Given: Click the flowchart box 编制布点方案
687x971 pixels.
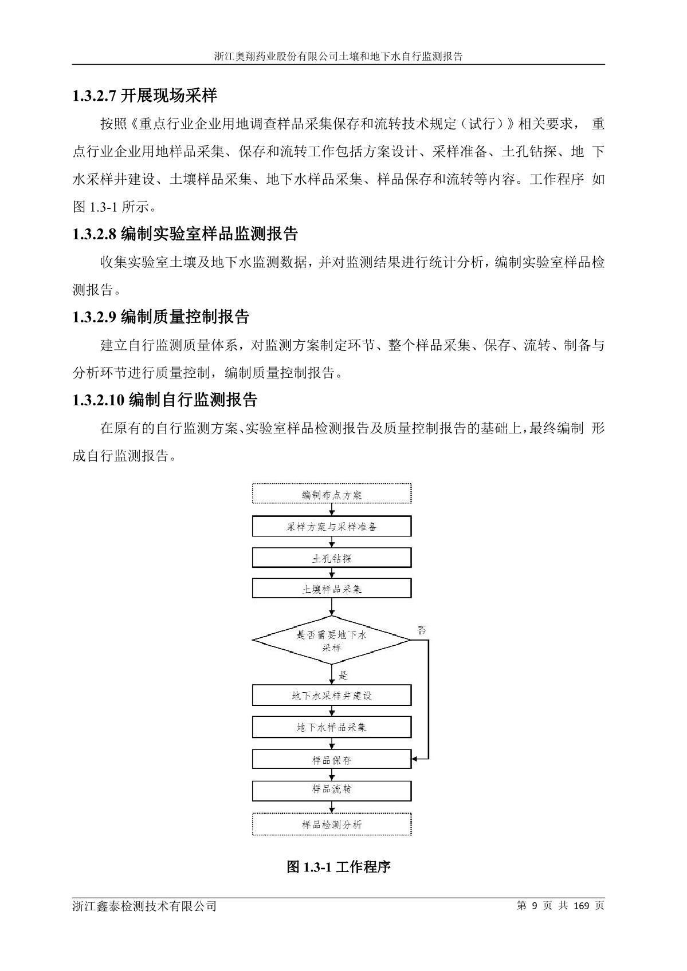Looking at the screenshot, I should click(x=332, y=494).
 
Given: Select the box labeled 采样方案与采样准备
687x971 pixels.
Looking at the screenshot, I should click(x=332, y=527).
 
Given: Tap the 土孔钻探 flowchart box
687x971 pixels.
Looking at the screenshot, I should click(x=332, y=558).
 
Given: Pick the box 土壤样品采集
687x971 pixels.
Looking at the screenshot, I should click(x=332, y=589).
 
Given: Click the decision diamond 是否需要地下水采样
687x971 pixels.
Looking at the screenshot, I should click(x=332, y=641).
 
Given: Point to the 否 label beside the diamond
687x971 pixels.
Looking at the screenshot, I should click(x=422, y=630).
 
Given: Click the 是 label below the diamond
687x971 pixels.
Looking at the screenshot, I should click(x=343, y=676).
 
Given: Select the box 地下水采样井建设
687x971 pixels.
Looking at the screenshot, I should click(x=332, y=696).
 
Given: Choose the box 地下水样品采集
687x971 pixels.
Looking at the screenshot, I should click(x=332, y=727).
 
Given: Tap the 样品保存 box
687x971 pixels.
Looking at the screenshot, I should click(x=332, y=760).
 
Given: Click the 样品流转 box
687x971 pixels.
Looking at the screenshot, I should click(x=332, y=790).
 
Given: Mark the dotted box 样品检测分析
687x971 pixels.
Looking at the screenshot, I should click(x=332, y=824).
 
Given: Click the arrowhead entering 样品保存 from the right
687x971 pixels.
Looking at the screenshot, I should click(x=415, y=760).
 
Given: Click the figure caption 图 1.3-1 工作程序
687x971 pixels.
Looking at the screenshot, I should click(x=339, y=867).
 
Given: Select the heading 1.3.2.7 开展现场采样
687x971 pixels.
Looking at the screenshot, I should click(x=145, y=96).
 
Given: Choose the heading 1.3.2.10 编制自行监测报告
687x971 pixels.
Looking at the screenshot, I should click(x=165, y=400).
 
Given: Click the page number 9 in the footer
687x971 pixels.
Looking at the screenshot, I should click(x=535, y=906).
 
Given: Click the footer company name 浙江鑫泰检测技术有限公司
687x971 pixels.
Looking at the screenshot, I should click(x=144, y=906).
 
